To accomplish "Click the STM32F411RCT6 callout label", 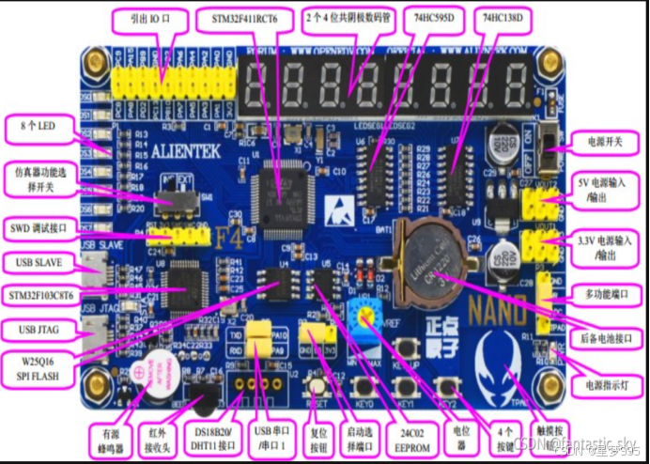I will [x=246, y=19].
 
